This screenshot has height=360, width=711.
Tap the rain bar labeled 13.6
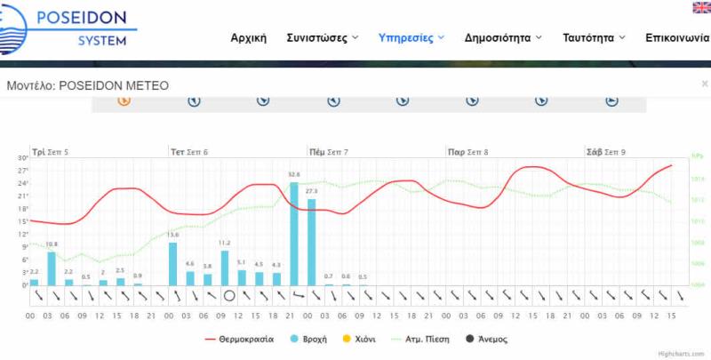click(173, 264)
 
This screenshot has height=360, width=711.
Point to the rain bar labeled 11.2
click(225, 268)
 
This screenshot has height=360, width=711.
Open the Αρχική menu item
click(249, 38)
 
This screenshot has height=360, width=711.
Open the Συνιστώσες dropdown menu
click(322, 38)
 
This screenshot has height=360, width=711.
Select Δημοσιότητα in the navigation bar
click(502, 38)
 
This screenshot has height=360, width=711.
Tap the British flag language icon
click(701, 8)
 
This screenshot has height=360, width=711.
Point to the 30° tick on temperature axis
click(22, 158)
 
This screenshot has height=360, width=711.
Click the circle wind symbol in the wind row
click(229, 296)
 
